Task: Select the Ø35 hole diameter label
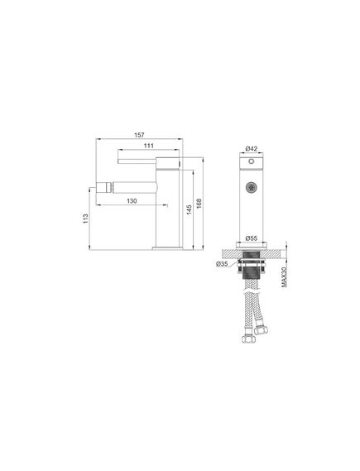(223, 264)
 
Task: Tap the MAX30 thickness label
(283, 270)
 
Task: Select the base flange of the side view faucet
(167, 246)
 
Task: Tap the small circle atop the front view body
(252, 164)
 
